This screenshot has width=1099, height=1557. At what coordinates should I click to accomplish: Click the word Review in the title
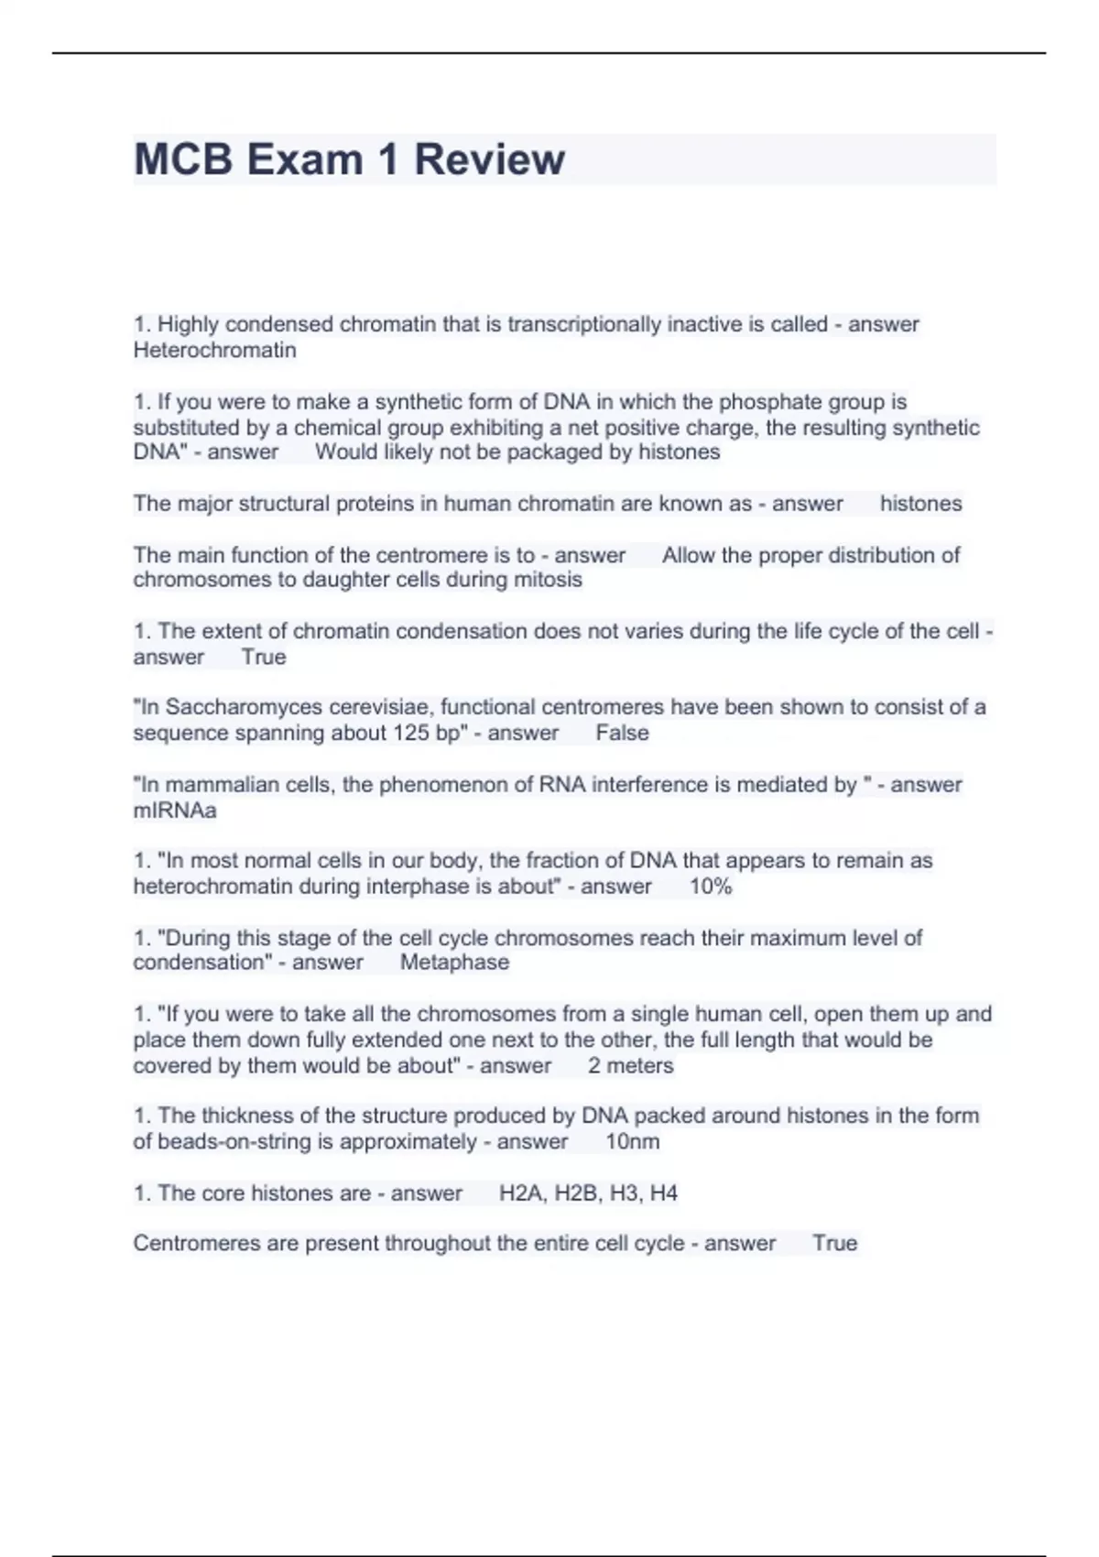click(x=489, y=159)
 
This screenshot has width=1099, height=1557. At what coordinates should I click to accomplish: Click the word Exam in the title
click(x=305, y=159)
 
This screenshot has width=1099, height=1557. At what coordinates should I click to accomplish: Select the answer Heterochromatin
click(x=214, y=350)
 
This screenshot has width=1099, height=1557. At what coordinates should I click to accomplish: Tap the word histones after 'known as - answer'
click(x=920, y=504)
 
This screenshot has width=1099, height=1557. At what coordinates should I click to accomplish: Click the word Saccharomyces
click(x=245, y=707)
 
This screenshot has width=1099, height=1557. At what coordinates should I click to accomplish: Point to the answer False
click(x=622, y=733)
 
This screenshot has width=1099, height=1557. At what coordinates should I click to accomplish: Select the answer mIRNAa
click(x=175, y=811)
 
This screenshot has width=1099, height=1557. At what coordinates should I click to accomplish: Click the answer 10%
click(x=711, y=887)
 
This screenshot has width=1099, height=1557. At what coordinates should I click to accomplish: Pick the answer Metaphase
click(x=454, y=963)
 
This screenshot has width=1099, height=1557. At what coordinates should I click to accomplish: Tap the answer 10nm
click(x=632, y=1142)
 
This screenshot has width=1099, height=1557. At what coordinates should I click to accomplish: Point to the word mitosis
click(x=549, y=580)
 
